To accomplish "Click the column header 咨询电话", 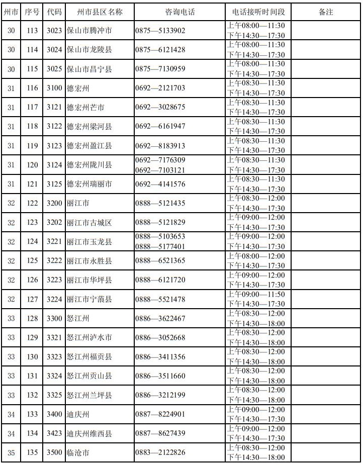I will point(179,12).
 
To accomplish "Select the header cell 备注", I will point(326,12).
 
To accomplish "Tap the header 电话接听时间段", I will point(258,12).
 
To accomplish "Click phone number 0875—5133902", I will point(160,31).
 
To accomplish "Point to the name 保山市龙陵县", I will point(89,50).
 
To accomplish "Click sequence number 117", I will point(32,107).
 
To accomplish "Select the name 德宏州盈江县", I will point(89,146).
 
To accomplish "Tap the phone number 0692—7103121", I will point(160,170).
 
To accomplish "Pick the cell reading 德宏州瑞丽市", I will point(89,184).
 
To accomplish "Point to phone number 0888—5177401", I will point(160,246).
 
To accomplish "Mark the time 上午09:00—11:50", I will point(256,294).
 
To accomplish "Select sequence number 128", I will point(32,318).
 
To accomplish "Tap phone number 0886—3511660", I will point(160,376).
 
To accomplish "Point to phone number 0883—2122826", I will point(160,452).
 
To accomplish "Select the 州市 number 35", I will point(11,452).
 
